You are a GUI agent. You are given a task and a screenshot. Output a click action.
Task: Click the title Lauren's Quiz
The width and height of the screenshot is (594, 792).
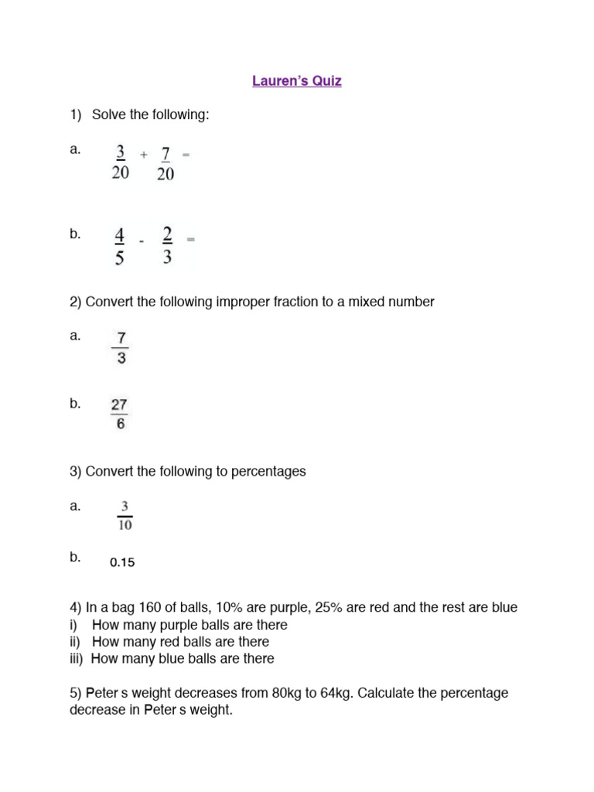[x=296, y=80]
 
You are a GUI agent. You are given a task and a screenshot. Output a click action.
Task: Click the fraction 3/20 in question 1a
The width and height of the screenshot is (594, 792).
[x=120, y=163]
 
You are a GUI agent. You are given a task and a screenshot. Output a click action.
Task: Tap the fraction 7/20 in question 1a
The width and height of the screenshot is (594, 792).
[x=166, y=163]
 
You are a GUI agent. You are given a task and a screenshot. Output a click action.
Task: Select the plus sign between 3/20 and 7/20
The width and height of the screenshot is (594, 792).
[x=144, y=155]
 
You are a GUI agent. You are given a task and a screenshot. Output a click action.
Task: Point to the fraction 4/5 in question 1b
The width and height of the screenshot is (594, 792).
[x=119, y=246]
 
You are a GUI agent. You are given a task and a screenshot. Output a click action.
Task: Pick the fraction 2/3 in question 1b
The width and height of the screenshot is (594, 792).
[x=168, y=245]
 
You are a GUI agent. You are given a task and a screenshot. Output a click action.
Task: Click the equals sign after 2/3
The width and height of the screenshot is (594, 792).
[x=191, y=240]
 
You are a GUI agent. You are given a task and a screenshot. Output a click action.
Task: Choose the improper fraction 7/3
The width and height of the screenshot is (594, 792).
[x=121, y=349]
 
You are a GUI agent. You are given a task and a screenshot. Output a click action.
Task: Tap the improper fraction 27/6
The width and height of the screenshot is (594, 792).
[x=120, y=414]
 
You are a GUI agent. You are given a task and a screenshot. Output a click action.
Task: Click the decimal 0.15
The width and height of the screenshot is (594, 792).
[x=122, y=562]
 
